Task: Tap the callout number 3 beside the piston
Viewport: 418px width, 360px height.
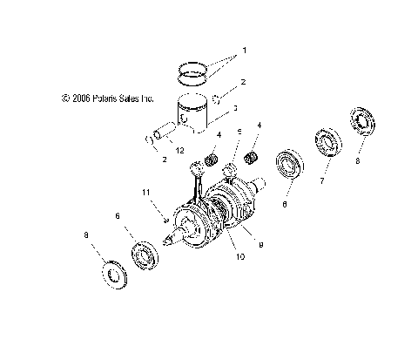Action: pyautogui.click(x=234, y=109)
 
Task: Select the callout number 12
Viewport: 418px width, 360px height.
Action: pyautogui.click(x=181, y=150)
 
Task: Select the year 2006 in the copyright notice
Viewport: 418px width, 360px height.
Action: pyautogui.click(x=76, y=99)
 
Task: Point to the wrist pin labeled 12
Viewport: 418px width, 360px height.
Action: pyautogui.click(x=162, y=137)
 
